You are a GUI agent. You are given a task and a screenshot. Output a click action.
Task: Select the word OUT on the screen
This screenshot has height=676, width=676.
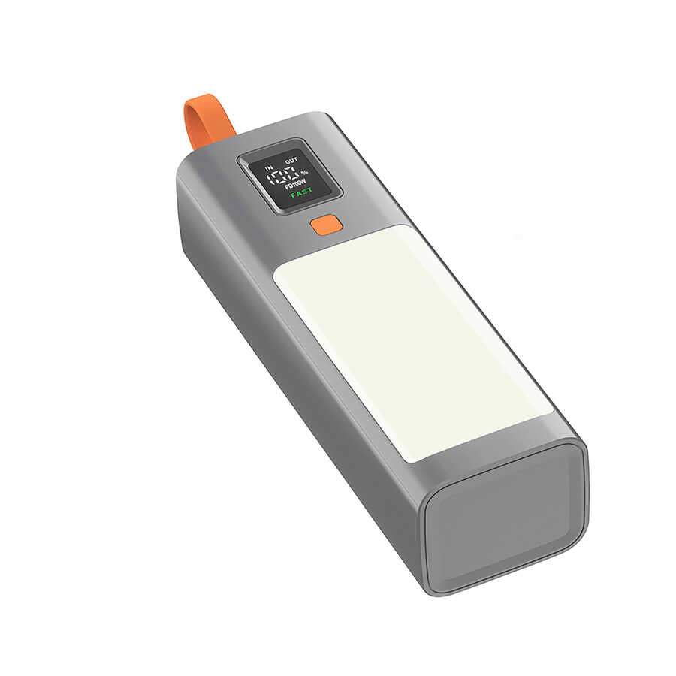(x=291, y=159)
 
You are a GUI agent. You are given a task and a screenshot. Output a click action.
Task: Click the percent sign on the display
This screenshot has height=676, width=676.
(x=304, y=174)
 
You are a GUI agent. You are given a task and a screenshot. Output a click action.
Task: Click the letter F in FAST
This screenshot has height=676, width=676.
(x=293, y=195)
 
